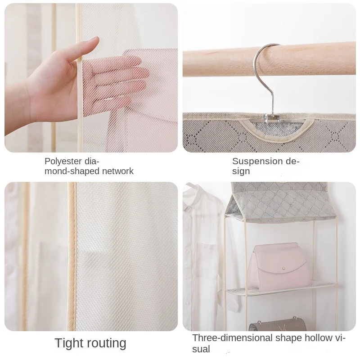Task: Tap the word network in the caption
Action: click(118, 171)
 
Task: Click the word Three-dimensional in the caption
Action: click(232, 338)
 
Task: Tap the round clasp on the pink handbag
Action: click(284, 268)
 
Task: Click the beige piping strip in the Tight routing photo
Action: click(72, 256)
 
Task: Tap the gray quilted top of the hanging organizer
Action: click(280, 202)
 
